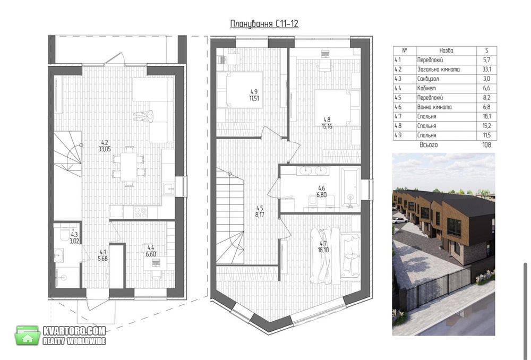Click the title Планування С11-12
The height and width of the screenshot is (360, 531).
264,24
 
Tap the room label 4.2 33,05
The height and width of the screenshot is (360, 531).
105,145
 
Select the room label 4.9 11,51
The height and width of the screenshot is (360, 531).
254,95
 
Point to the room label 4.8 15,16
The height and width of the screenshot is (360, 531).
327,123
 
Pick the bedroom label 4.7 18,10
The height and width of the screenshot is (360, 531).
323,247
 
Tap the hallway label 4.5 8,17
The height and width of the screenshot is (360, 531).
260,211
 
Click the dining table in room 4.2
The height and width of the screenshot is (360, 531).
129,166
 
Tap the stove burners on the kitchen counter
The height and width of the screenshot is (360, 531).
141,212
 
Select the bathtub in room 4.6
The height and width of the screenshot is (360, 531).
350,187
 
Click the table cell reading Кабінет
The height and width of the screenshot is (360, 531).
426,88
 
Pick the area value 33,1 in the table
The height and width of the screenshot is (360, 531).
486,70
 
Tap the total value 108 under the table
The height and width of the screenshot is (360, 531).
486,145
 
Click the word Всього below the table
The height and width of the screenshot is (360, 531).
429,145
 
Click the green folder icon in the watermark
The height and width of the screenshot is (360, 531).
28,335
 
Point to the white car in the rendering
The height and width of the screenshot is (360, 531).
400,220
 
